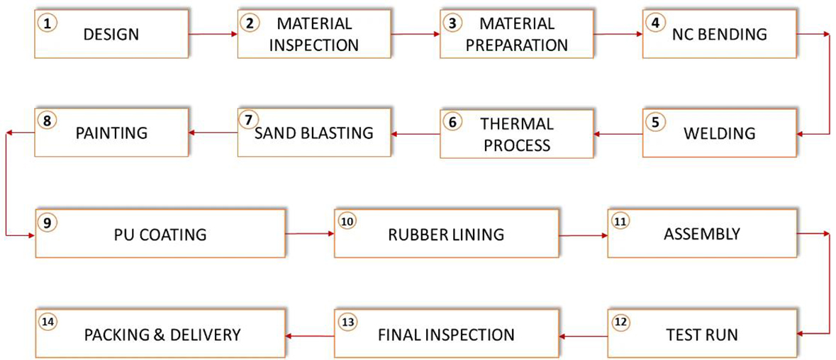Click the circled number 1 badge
click(47, 23)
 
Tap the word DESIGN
click(111, 34)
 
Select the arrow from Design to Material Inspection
click(213, 33)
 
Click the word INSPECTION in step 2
click(314, 45)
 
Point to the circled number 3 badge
click(452, 23)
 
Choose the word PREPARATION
click(517, 45)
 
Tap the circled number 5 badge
click(655, 121)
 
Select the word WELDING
click(720, 133)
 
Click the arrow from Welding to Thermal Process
click(618, 133)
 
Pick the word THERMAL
click(516, 123)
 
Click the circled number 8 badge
click(47, 121)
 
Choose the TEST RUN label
click(702, 334)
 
